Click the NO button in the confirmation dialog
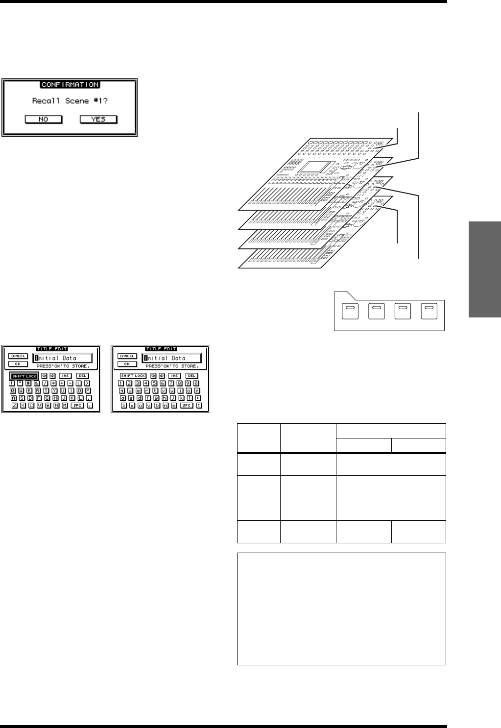(x=44, y=120)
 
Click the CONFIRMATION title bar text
(x=70, y=85)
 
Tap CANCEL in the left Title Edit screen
(x=18, y=356)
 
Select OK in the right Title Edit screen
(x=127, y=364)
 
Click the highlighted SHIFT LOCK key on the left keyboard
(x=24, y=376)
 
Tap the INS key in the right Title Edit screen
(x=175, y=376)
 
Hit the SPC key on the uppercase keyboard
(x=77, y=406)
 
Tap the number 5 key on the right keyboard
(x=154, y=383)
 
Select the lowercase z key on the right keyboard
(x=124, y=406)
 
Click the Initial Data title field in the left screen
(x=62, y=358)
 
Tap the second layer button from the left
(x=376, y=312)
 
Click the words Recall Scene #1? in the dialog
(x=70, y=101)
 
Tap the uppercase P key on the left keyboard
(x=88, y=391)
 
